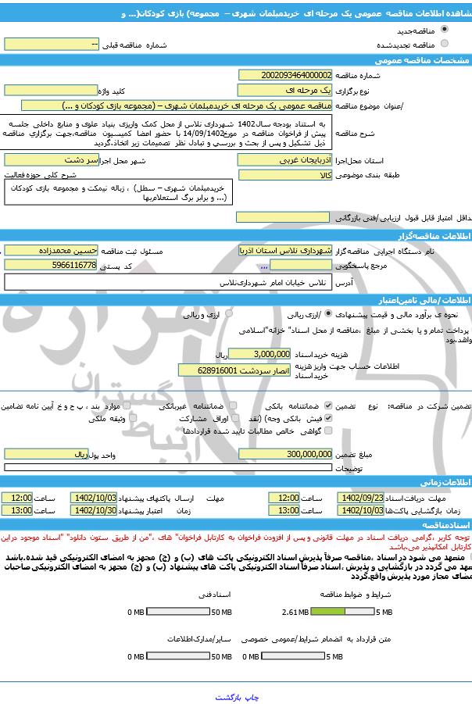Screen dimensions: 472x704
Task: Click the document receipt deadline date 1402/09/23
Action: point(363,498)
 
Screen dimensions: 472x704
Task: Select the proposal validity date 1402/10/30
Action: point(93,509)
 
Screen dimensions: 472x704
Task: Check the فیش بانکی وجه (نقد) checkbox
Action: point(338,418)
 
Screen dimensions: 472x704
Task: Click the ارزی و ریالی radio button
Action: point(229,313)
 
